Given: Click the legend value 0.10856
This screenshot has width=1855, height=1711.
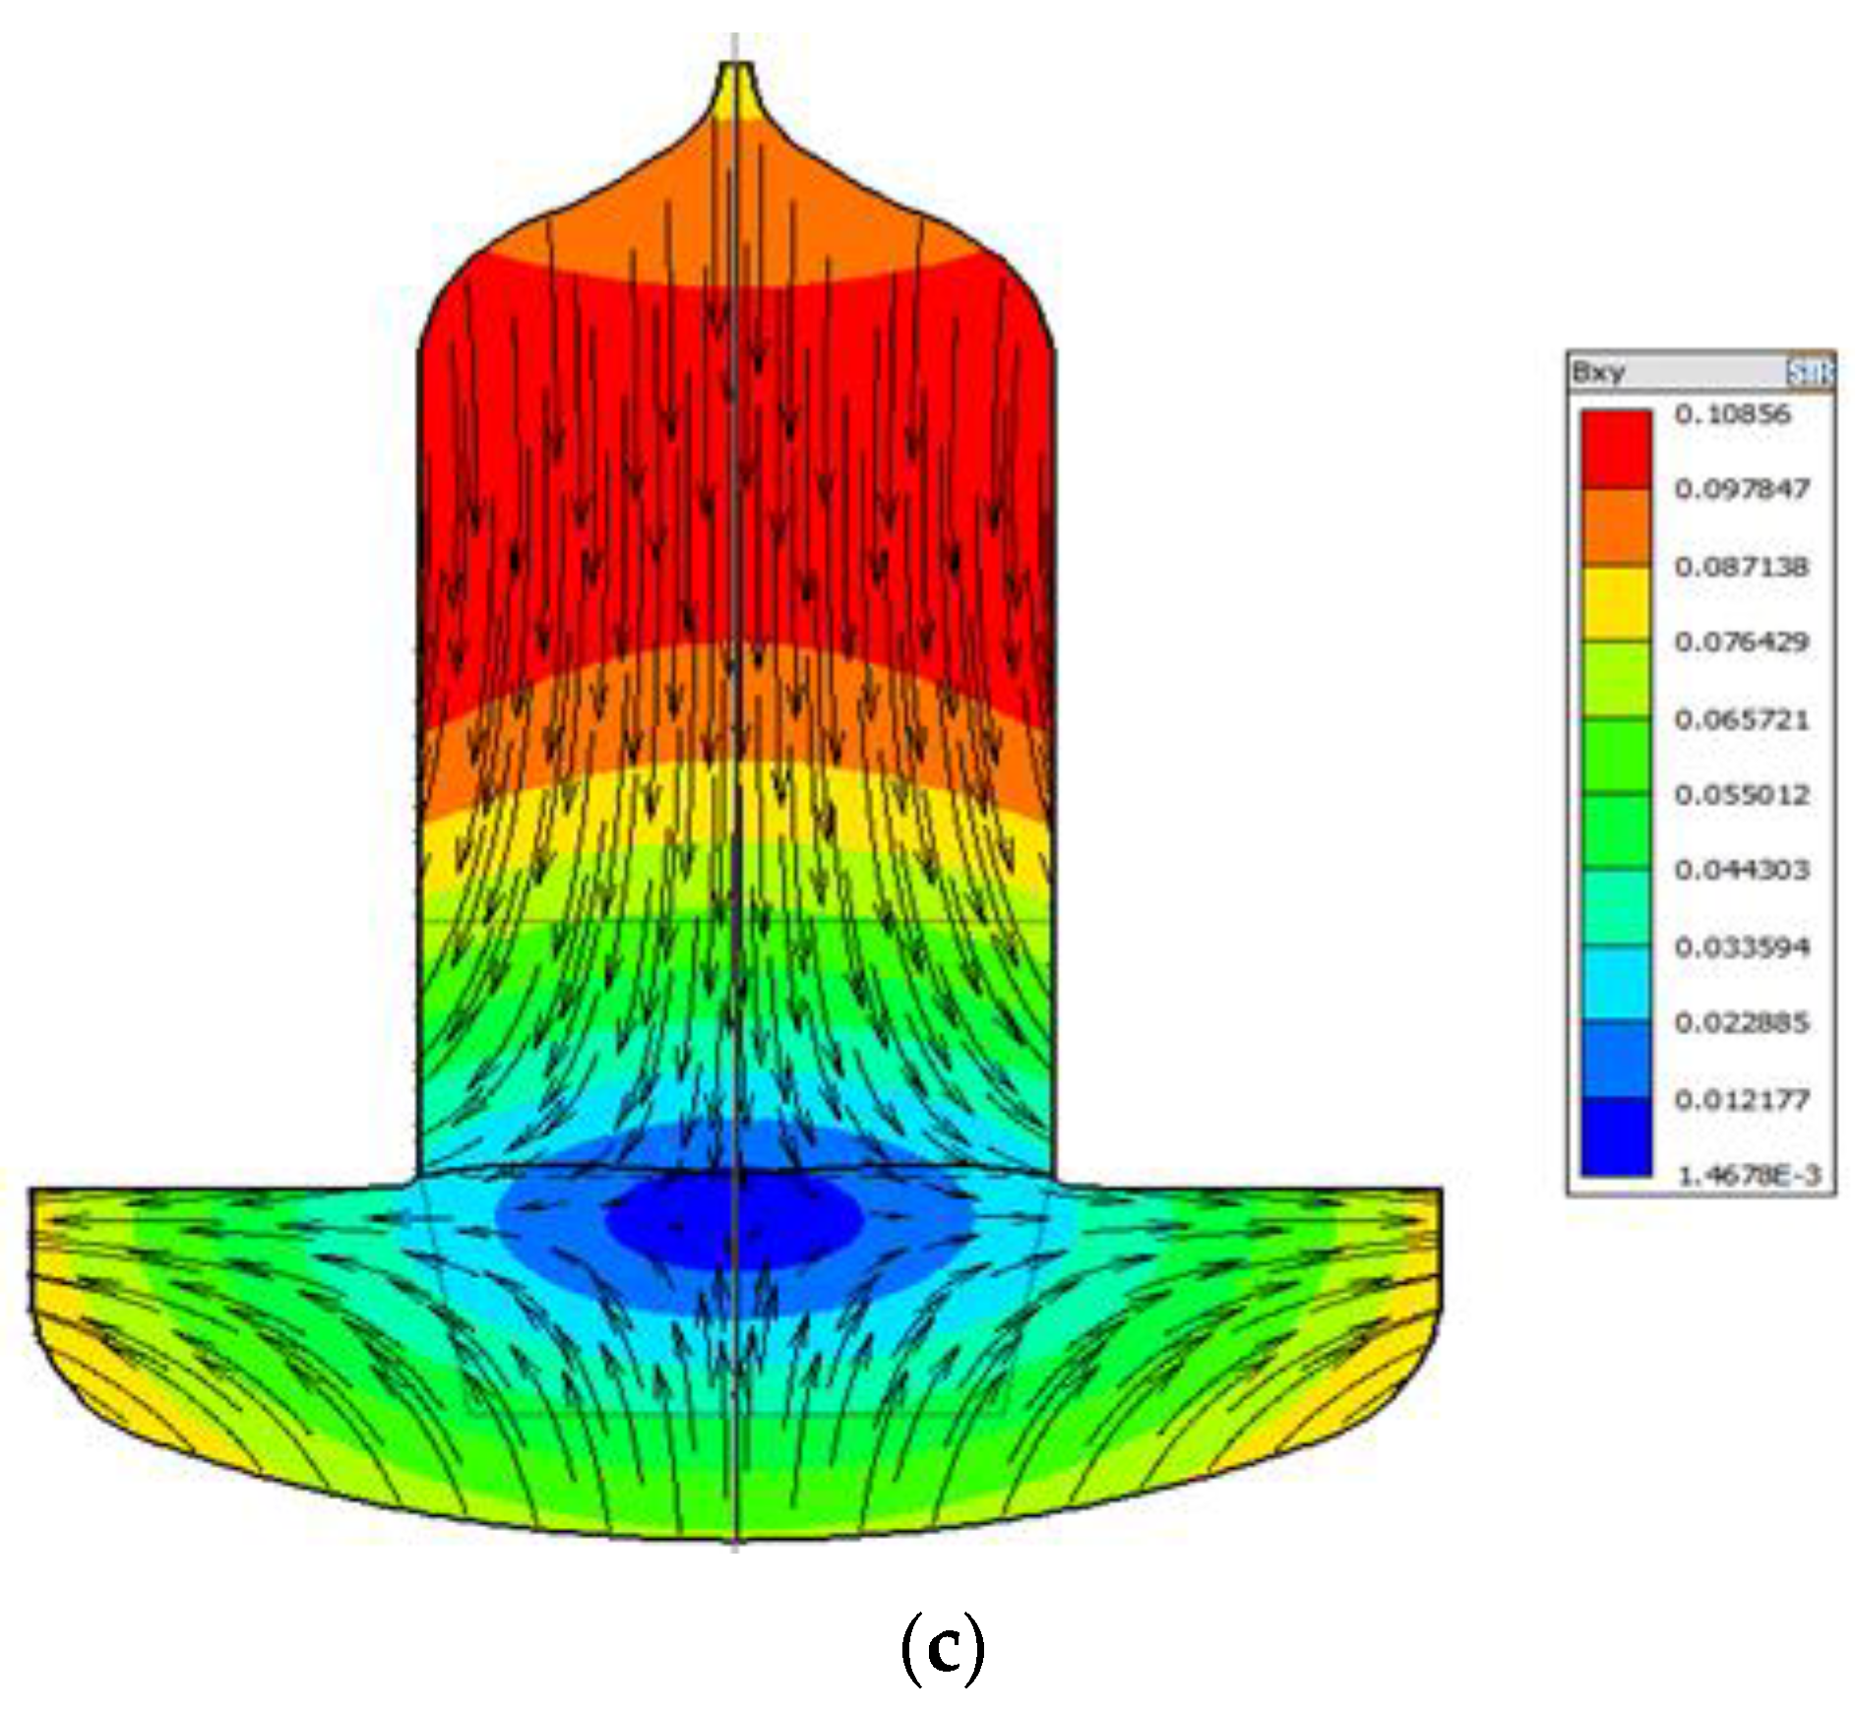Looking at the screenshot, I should [x=1732, y=414].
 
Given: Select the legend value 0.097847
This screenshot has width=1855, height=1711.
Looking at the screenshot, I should [x=1742, y=489].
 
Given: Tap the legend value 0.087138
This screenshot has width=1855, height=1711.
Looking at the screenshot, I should [x=1742, y=567].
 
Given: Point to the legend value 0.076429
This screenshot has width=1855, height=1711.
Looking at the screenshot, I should [x=1742, y=642].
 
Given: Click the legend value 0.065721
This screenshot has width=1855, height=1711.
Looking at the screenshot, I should [x=1742, y=719].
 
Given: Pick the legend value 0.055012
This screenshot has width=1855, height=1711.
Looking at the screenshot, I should [x=1742, y=795].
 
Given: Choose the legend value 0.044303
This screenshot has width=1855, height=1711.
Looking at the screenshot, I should [x=1742, y=871].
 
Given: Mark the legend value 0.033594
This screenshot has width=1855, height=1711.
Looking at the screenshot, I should [x=1742, y=947].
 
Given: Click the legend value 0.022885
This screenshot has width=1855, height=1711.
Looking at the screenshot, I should [x=1742, y=1023].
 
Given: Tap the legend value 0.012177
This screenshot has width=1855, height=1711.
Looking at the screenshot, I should [x=1742, y=1100].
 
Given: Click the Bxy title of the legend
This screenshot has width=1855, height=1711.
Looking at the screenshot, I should [x=1598, y=372].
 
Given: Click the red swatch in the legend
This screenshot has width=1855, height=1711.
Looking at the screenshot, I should [x=1616, y=450].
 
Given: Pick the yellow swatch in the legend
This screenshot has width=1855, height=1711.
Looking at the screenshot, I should [x=1616, y=603].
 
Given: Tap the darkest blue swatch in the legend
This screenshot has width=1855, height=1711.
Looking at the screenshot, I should [x=1616, y=1136].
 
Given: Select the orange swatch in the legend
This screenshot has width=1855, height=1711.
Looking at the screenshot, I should [x=1616, y=526].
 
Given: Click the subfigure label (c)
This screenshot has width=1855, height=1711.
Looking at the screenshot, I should [x=942, y=1649].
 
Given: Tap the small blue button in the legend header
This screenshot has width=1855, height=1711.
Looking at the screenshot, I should [x=1809, y=372].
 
